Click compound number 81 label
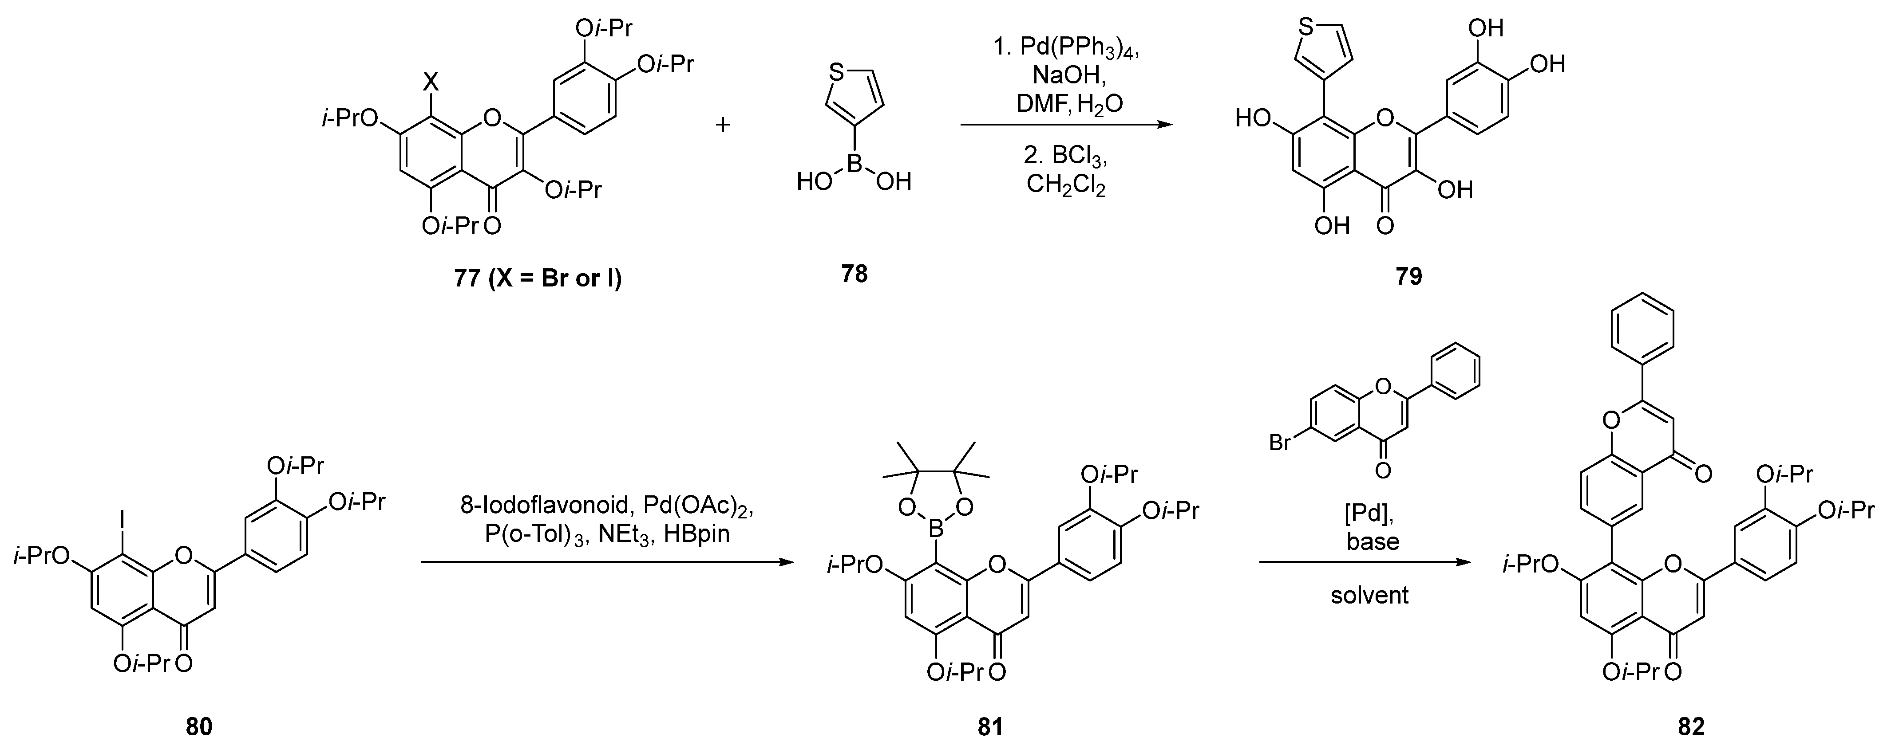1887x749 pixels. pos(989,726)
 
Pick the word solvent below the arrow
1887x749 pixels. pos(1369,595)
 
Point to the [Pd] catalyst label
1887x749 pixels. pos(1369,513)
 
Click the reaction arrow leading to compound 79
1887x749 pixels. pos(1066,125)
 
